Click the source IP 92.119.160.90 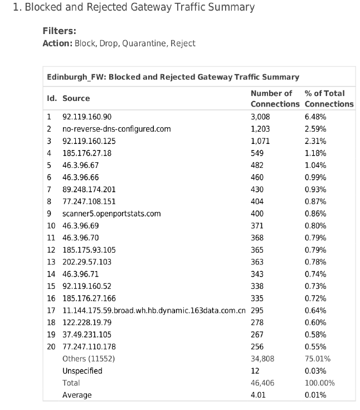87,117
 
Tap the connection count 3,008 261,117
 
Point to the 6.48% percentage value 315,117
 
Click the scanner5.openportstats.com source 111,214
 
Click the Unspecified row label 82,371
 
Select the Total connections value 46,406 262,383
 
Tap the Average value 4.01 257,395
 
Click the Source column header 76,98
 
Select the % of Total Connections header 329,99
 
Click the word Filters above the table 59,31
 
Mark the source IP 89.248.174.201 89,190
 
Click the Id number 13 51,262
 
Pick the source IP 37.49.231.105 88,335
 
